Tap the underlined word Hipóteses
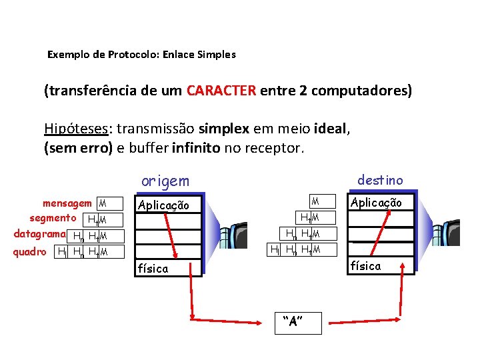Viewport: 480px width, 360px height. (72, 129)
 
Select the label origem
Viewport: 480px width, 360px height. (165, 181)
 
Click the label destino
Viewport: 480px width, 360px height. (380, 180)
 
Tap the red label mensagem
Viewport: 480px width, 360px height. (67, 203)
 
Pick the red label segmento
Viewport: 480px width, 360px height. (53, 218)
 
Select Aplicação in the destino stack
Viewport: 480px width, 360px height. (376, 203)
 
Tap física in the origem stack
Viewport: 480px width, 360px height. (153, 269)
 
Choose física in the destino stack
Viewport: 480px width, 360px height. (366, 266)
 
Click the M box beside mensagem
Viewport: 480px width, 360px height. (102, 203)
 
